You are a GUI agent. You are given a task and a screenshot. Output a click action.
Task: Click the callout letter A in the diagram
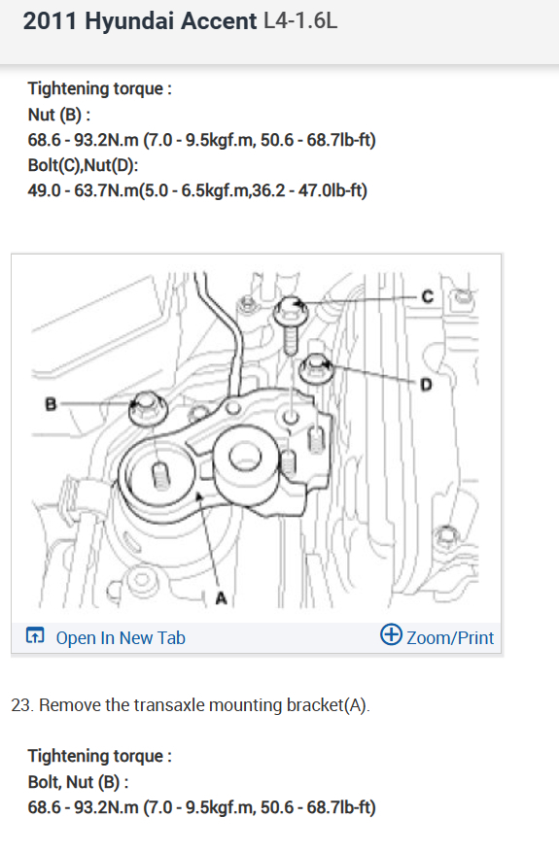pos(221,597)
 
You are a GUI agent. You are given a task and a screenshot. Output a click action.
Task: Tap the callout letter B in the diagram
pos(51,404)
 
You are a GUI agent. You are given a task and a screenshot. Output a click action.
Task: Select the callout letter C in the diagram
pos(428,296)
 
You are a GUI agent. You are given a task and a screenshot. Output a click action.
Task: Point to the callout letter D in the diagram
pos(427,385)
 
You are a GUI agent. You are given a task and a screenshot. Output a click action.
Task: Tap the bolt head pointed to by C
pos(291,311)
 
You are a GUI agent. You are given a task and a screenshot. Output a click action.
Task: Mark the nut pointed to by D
pos(315,368)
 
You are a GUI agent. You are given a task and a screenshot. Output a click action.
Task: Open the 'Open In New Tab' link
pos(121,638)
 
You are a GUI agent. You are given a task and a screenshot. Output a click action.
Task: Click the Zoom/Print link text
pos(450,638)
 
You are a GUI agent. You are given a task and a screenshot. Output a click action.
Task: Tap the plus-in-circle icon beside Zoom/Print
pos(391,634)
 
